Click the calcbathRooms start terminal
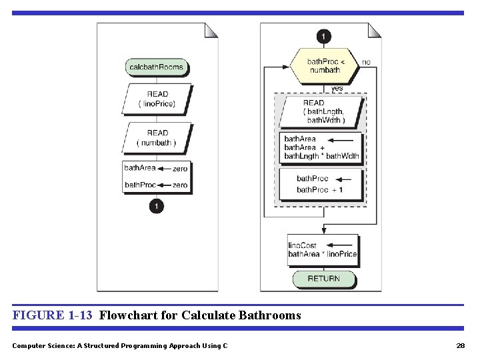156,67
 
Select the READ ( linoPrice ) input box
157,99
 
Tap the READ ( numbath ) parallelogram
157,137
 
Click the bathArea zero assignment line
156,169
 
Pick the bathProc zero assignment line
156,185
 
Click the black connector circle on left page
156,207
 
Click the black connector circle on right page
324,36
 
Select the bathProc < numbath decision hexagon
324,66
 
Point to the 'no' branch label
367,62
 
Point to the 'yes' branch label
337,88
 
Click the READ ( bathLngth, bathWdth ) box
321,111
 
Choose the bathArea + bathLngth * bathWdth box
321,147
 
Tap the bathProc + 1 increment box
321,184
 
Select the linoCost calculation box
323,250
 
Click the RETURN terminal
324,279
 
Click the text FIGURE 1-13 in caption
52,315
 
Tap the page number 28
460,345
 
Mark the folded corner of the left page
211,30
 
